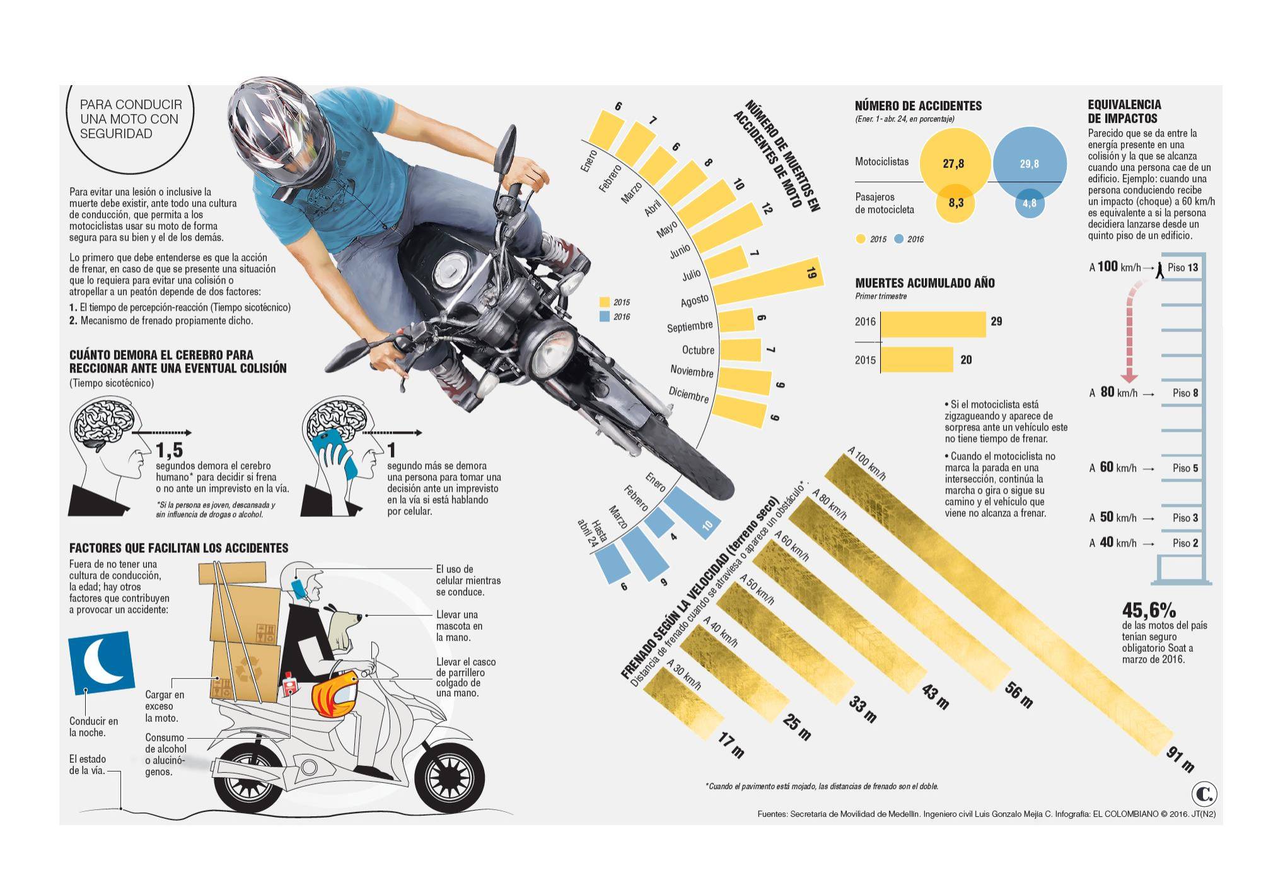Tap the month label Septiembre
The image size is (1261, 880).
[690, 327]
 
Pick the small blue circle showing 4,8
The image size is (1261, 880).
[1029, 203]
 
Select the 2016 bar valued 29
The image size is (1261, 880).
[933, 324]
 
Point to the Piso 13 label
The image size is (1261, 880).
[1182, 267]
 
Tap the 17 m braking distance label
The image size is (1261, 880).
[731, 744]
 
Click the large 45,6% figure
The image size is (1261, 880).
[1149, 610]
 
